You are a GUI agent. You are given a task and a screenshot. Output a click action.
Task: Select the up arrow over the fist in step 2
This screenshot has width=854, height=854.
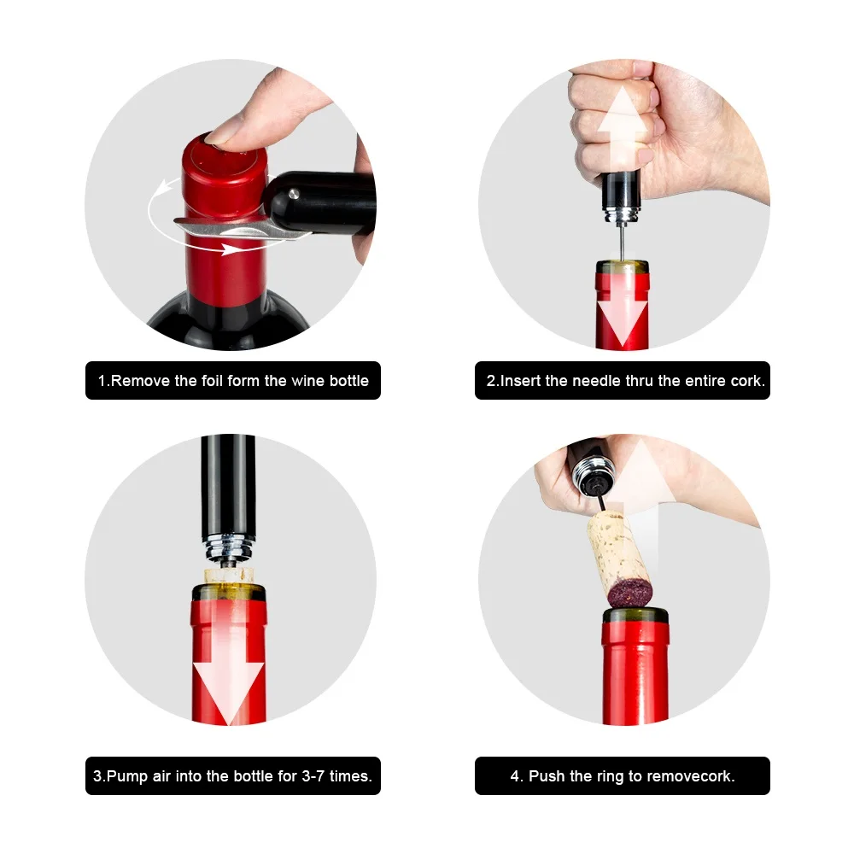[622, 120]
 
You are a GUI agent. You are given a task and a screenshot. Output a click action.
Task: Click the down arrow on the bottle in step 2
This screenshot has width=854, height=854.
[622, 316]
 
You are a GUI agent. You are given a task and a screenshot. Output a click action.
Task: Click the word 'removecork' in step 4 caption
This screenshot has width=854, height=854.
[693, 776]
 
